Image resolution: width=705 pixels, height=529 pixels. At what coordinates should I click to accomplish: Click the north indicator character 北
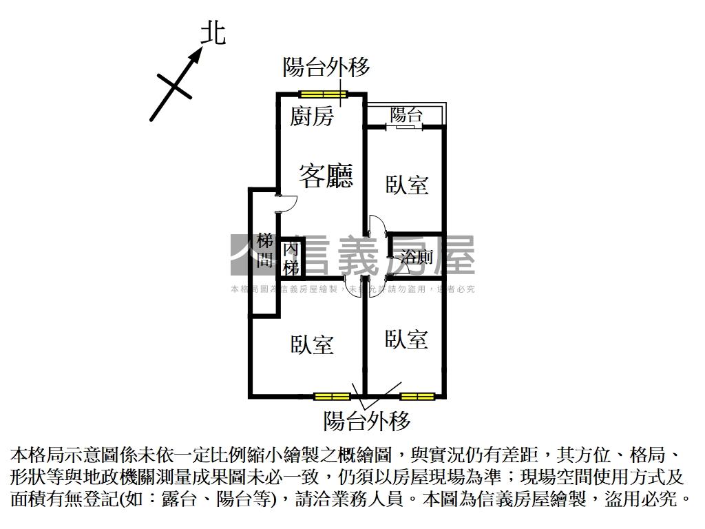pos(213,32)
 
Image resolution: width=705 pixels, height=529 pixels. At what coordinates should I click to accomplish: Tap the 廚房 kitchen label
pos(311,116)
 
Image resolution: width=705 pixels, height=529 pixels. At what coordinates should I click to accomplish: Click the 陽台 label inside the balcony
pos(406,115)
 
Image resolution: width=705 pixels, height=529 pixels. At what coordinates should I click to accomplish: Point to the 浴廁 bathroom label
pos(417,258)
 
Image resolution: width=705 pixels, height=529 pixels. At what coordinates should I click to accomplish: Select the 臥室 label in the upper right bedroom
pos(407,185)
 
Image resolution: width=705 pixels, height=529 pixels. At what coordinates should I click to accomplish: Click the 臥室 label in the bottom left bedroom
pos(312,344)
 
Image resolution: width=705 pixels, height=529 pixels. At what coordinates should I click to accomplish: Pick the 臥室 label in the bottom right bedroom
pos(407,339)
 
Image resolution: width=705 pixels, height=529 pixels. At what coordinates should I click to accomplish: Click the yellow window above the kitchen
pos(324,95)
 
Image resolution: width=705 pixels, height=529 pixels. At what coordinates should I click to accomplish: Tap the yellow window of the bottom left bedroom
pos(331,396)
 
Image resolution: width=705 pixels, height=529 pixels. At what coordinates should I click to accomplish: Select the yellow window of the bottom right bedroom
pos(418,396)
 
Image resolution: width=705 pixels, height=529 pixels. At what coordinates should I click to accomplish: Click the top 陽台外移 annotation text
pos(326,67)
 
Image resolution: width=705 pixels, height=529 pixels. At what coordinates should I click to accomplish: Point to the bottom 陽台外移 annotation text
pos(367,420)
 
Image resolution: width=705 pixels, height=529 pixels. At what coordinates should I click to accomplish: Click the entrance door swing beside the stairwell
pos(286,203)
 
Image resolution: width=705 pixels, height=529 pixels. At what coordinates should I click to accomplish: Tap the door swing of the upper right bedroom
pos(376,227)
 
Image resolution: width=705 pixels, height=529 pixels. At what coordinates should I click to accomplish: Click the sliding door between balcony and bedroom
pos(405,127)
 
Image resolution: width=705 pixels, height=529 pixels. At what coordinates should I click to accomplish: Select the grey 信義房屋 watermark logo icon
pos(245,255)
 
